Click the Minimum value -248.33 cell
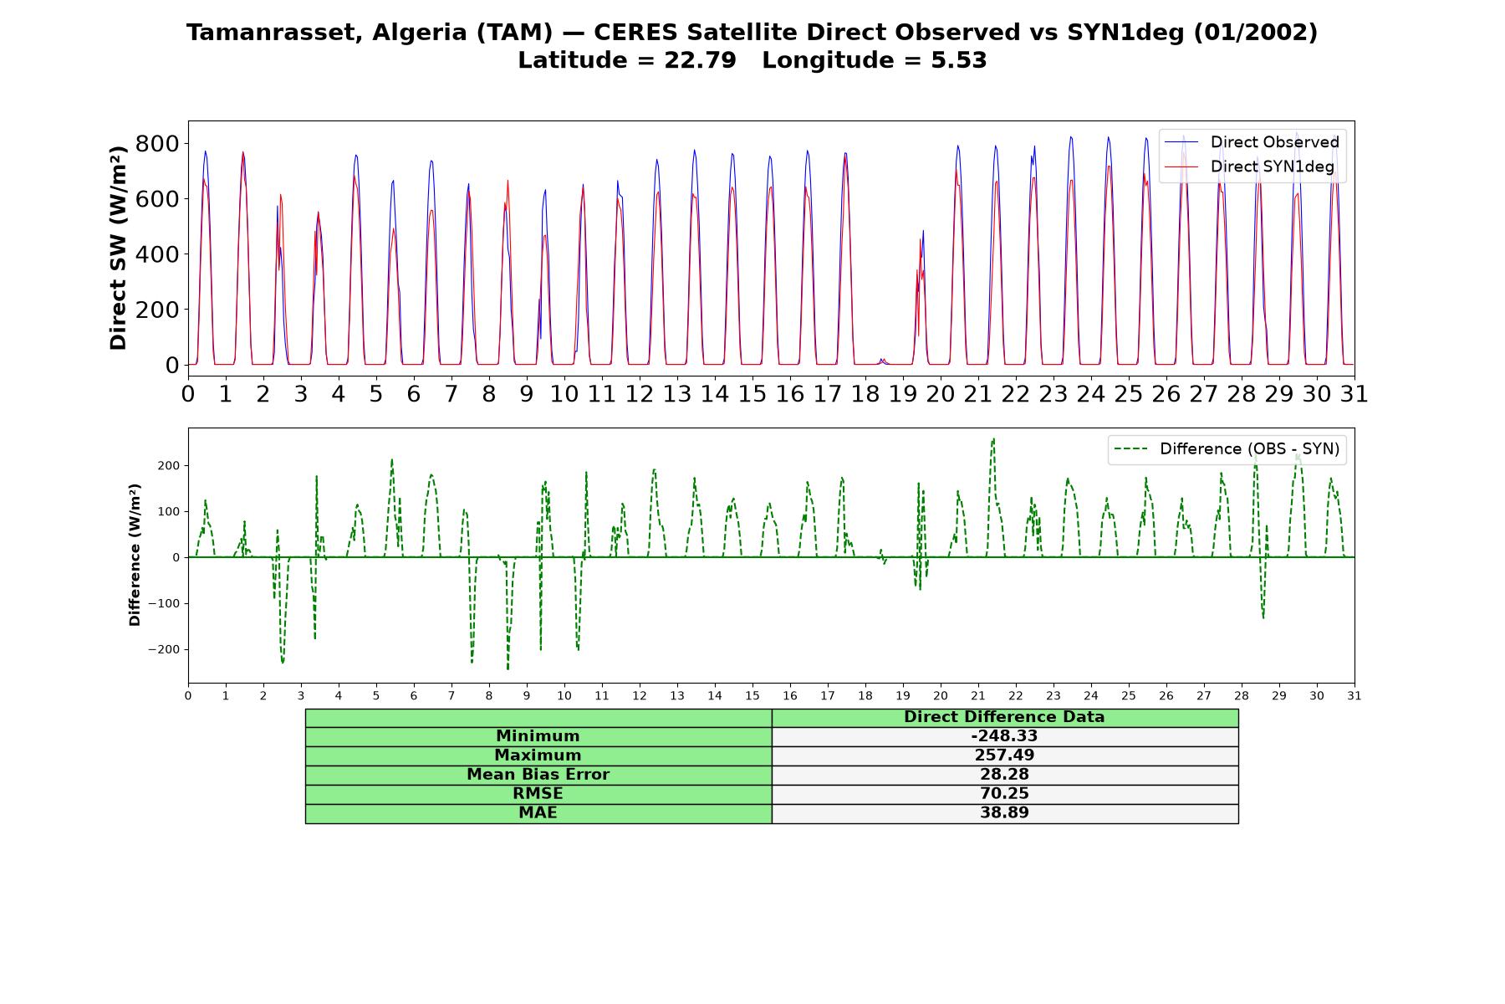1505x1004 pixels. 1004,736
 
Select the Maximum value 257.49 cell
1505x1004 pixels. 1004,756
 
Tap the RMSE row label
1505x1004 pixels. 538,794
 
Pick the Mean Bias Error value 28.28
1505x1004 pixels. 1004,775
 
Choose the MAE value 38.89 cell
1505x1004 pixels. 1004,813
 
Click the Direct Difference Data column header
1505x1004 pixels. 1004,717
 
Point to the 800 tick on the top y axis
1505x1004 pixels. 157,144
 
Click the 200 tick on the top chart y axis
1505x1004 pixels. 157,310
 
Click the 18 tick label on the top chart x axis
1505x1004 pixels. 865,393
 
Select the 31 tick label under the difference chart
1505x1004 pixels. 1354,695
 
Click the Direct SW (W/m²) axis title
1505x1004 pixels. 118,248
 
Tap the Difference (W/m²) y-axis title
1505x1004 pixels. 135,556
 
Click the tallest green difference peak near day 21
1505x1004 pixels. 993,438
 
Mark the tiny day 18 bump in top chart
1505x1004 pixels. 882,361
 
